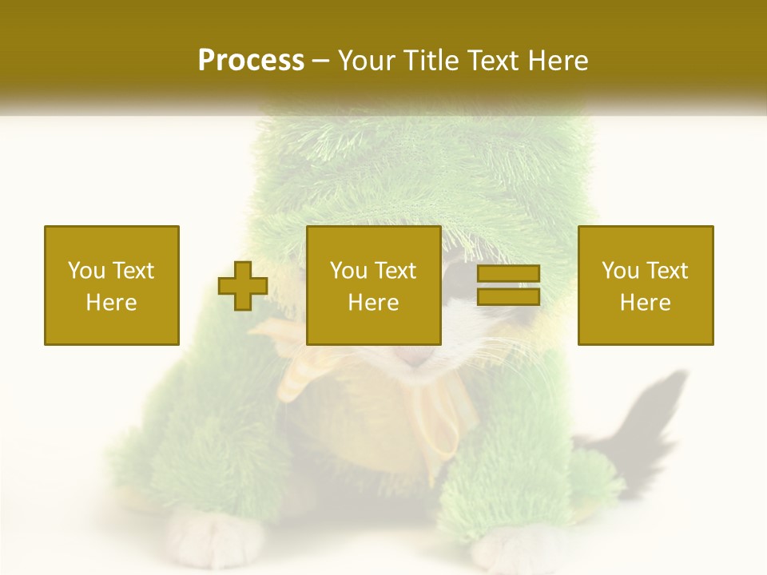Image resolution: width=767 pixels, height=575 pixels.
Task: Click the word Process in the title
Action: [x=251, y=60]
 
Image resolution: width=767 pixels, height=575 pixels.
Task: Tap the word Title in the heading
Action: [x=431, y=61]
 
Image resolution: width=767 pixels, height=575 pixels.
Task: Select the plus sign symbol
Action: [x=243, y=286]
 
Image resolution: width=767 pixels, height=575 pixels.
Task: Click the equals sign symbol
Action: [x=508, y=285]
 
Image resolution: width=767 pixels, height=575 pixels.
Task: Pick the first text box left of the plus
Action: [x=112, y=285]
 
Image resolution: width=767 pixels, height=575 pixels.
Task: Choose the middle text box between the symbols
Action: [x=374, y=285]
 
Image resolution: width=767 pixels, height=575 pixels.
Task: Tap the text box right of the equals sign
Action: [x=646, y=285]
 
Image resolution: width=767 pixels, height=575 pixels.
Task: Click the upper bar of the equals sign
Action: [x=508, y=274]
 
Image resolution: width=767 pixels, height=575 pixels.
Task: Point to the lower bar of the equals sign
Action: [x=508, y=296]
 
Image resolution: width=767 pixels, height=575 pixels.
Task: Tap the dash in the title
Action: [x=321, y=61]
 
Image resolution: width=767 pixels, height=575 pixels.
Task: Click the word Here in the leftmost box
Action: [x=112, y=303]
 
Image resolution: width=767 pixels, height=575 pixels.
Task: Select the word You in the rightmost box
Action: [x=620, y=271]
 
